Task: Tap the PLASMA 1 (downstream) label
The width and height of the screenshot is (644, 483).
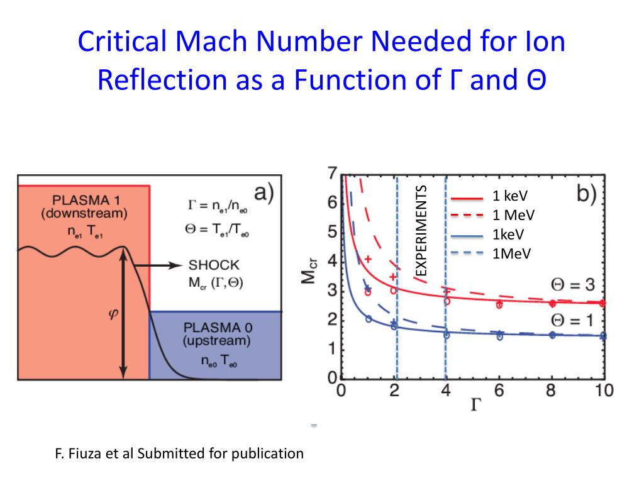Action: tap(84, 207)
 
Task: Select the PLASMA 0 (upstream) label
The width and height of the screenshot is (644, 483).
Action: tap(216, 335)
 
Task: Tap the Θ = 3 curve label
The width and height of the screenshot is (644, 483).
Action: tap(572, 284)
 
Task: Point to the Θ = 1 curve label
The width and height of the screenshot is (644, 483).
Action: tap(572, 320)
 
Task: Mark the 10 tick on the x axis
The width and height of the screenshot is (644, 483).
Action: tap(604, 391)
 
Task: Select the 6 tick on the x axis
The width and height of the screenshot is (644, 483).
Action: tap(498, 391)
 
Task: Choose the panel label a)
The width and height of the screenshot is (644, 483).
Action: tap(262, 192)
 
